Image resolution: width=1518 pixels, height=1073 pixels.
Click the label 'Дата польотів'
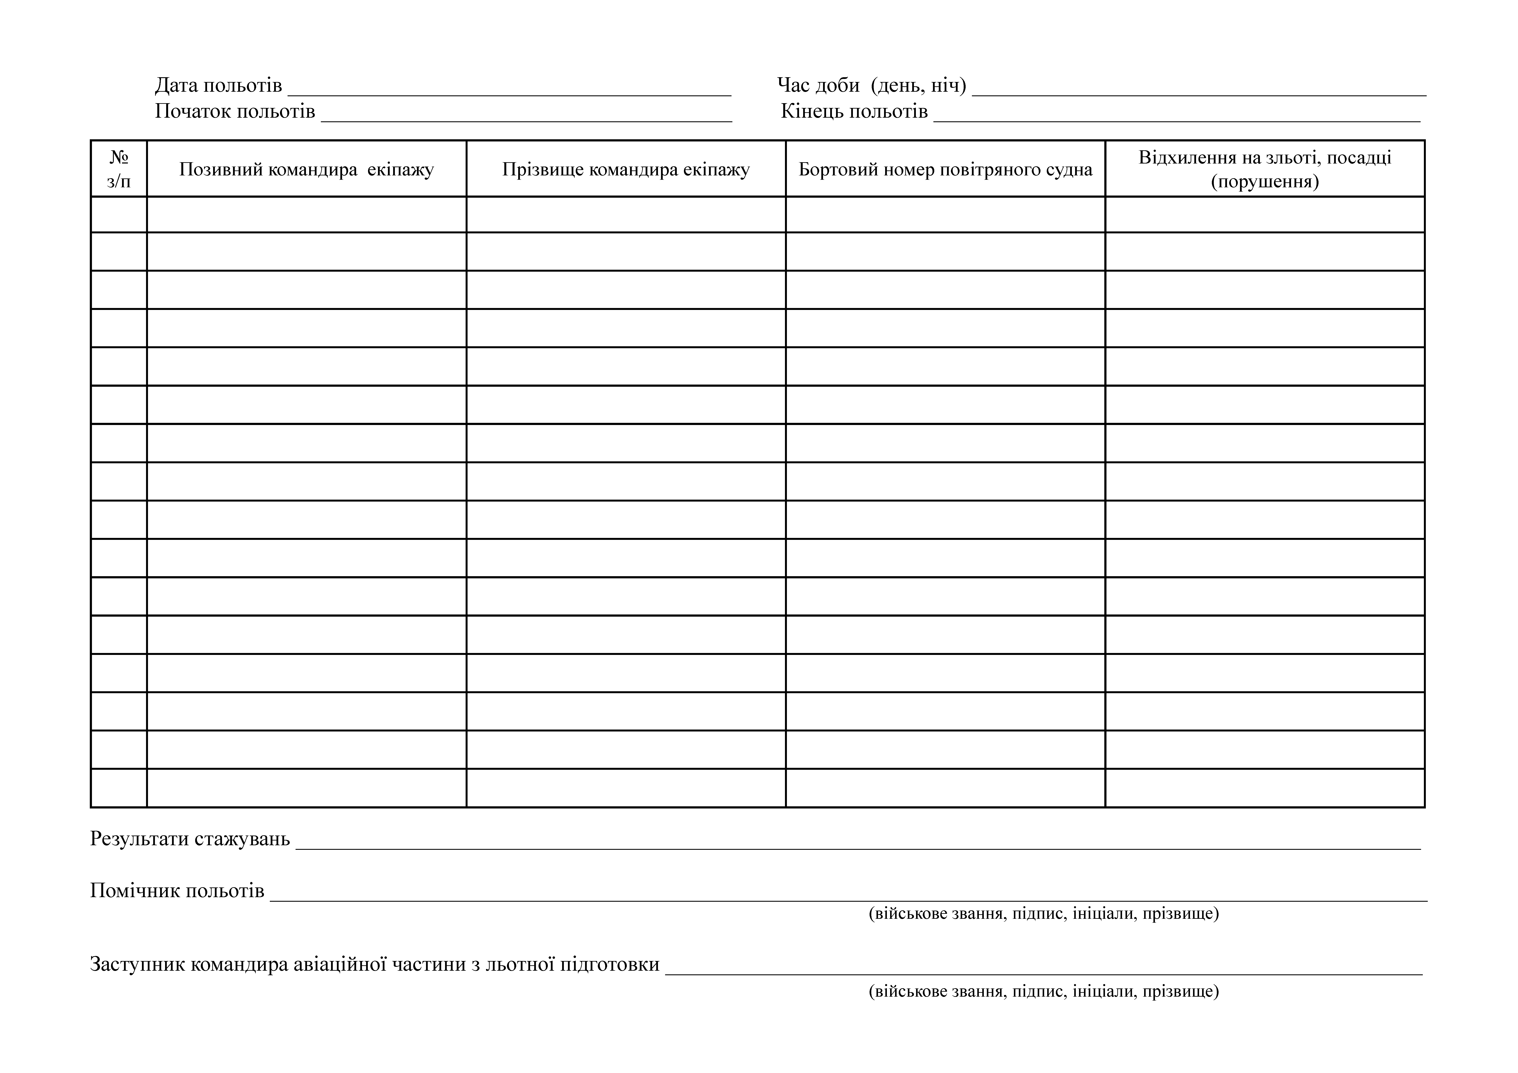click(x=218, y=85)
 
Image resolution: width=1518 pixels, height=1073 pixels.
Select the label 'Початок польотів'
click(x=235, y=111)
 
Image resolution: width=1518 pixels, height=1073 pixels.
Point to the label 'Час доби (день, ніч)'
click(x=871, y=85)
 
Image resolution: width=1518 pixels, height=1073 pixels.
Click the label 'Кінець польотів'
click(x=854, y=111)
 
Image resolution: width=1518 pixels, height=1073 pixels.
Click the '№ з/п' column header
click(x=119, y=168)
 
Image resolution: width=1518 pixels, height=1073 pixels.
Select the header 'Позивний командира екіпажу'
click(x=306, y=169)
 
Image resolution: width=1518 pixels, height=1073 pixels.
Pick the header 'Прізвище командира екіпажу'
click(x=626, y=169)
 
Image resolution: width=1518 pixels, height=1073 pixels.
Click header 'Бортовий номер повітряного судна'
click(x=946, y=169)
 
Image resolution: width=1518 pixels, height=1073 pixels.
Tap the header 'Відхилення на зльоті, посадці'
click(x=1265, y=157)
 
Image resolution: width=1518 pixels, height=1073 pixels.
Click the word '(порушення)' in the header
click(x=1265, y=181)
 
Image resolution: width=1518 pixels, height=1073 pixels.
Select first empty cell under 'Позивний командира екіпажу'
click(x=306, y=214)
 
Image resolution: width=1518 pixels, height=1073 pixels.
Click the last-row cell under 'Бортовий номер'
click(x=946, y=788)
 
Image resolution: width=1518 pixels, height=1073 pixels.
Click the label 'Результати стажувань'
click(x=190, y=838)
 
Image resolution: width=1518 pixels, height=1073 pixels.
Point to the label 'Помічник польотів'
click(x=177, y=890)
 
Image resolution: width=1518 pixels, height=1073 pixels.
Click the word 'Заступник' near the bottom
click(x=137, y=964)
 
